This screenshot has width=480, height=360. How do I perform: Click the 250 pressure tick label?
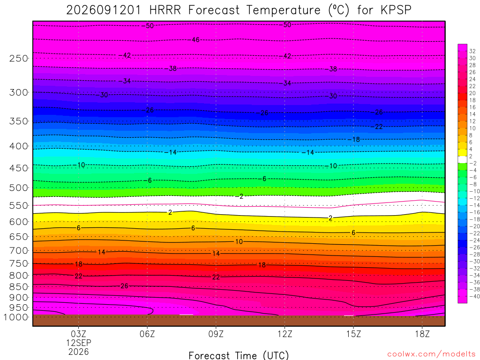[x=18, y=58]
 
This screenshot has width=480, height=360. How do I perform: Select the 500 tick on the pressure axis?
[x=18, y=187]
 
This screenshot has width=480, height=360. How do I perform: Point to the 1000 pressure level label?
[x=16, y=317]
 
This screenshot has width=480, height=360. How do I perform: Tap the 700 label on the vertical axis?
[x=18, y=251]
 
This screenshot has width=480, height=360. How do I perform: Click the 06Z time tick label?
[x=147, y=334]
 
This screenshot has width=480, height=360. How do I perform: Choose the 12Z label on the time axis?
[x=285, y=334]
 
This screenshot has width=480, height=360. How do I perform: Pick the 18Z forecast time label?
[x=422, y=334]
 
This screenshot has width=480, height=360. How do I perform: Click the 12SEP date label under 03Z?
[x=79, y=343]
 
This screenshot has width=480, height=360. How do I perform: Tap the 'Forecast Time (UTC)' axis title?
[x=239, y=356]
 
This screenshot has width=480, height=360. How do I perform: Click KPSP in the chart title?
[x=396, y=10]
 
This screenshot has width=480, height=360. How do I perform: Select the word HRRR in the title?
[x=165, y=10]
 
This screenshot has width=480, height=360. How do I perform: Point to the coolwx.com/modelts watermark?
[x=431, y=354]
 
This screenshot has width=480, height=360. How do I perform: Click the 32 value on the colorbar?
[x=472, y=51]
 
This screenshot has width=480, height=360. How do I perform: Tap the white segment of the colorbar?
[x=462, y=159]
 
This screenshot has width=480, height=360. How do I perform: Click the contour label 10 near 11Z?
[x=239, y=241]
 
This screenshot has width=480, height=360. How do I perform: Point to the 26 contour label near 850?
[x=124, y=286]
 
